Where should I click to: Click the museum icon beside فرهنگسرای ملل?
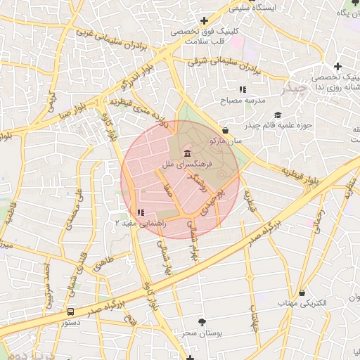pyautogui.click(x=186, y=153)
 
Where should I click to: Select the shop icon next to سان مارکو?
pyautogui.click(x=225, y=130)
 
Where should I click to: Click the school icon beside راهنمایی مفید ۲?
pyautogui.click(x=141, y=212)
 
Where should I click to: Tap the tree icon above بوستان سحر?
pyautogui.click(x=202, y=321)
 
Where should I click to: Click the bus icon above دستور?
pyautogui.click(x=71, y=311)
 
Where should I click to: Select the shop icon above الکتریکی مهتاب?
pyautogui.click(x=302, y=292)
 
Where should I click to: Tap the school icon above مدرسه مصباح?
pyautogui.click(x=243, y=90)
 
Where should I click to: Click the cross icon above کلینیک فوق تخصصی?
pyautogui.click(x=204, y=20)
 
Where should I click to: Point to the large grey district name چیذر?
pyautogui.click(x=293, y=89)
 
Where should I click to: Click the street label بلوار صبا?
pyautogui.click(x=71, y=110)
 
